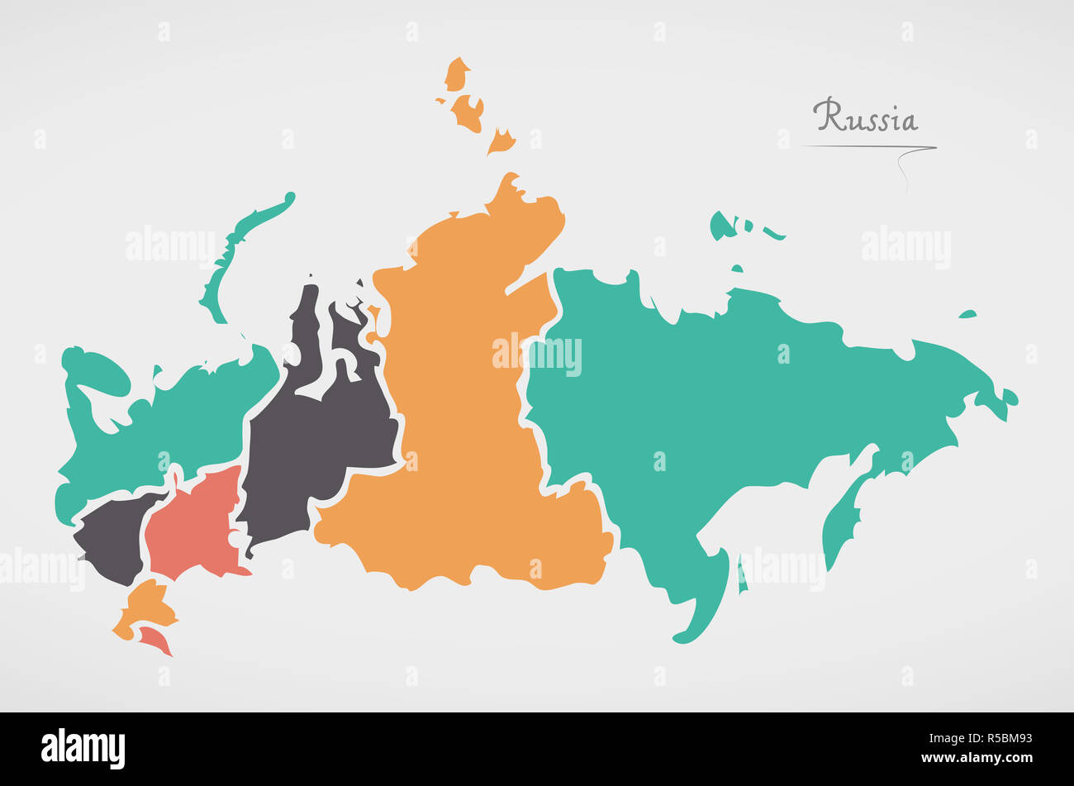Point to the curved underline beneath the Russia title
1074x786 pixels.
(867, 148)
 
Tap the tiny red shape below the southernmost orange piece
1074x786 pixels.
(155, 639)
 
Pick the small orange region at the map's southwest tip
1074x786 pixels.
(147, 607)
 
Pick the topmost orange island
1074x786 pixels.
(456, 74)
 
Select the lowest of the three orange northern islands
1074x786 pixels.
(501, 142)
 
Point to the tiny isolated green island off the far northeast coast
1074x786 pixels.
(967, 314)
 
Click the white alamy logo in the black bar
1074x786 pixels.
(83, 749)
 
